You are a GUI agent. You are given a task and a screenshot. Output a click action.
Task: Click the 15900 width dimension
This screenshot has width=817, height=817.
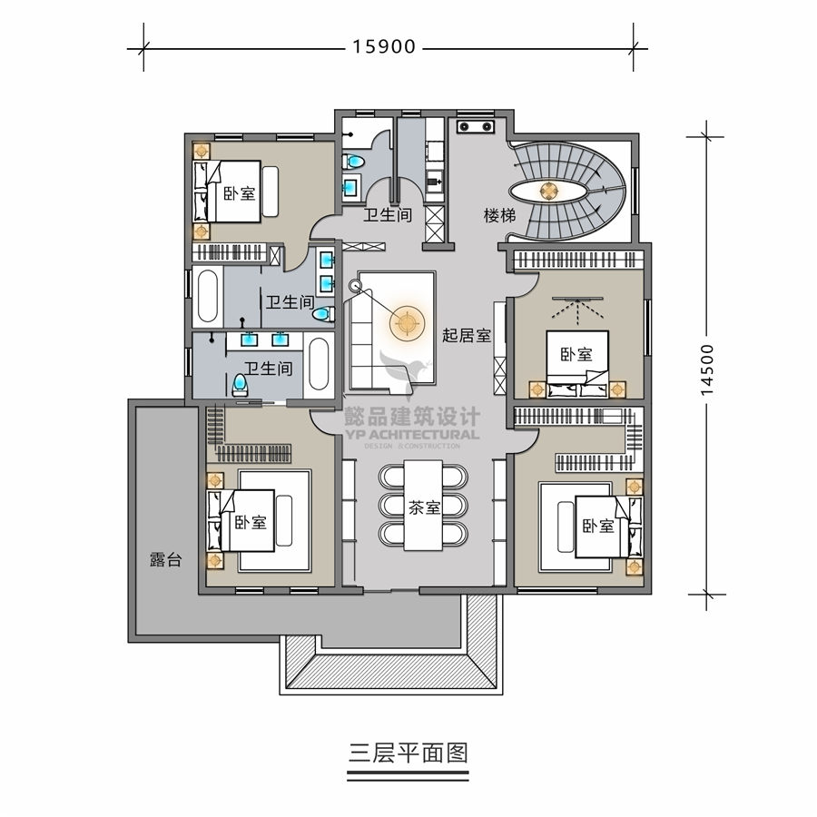click(384, 47)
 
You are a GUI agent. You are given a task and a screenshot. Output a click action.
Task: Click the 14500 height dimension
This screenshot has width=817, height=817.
click(706, 369)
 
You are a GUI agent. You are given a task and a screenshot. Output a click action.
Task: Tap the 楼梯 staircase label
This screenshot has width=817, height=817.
click(499, 215)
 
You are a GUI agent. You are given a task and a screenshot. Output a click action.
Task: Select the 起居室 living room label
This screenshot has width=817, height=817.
click(467, 335)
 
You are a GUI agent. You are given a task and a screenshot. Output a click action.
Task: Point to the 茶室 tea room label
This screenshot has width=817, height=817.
click(424, 507)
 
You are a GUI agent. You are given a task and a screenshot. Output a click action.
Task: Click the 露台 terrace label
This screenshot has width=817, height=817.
click(166, 559)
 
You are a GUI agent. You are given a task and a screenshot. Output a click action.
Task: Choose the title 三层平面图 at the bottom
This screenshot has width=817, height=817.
click(408, 753)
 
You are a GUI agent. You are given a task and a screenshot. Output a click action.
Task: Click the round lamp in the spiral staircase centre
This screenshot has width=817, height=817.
click(548, 192)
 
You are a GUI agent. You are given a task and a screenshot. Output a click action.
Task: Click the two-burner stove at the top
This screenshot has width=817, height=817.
click(475, 126)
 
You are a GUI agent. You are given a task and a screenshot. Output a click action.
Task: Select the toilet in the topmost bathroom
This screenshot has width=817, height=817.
click(353, 162)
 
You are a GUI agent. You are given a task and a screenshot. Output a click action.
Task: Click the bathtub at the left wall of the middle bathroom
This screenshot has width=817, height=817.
click(207, 297)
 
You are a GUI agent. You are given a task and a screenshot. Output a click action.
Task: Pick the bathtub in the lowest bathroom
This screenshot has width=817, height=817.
click(319, 364)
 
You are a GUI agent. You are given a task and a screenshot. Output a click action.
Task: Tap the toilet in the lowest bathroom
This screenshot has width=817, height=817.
click(240, 385)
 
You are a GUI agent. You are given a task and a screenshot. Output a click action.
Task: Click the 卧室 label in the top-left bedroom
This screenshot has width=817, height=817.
click(239, 194)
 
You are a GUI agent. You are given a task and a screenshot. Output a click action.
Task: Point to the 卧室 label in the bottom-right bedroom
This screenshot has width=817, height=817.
click(598, 526)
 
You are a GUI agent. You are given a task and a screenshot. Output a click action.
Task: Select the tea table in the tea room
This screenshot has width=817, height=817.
click(424, 505)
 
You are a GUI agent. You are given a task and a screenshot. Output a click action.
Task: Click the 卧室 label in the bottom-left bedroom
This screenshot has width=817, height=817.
click(251, 522)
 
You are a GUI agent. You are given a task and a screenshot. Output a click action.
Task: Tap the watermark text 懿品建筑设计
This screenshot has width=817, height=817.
click(411, 417)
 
